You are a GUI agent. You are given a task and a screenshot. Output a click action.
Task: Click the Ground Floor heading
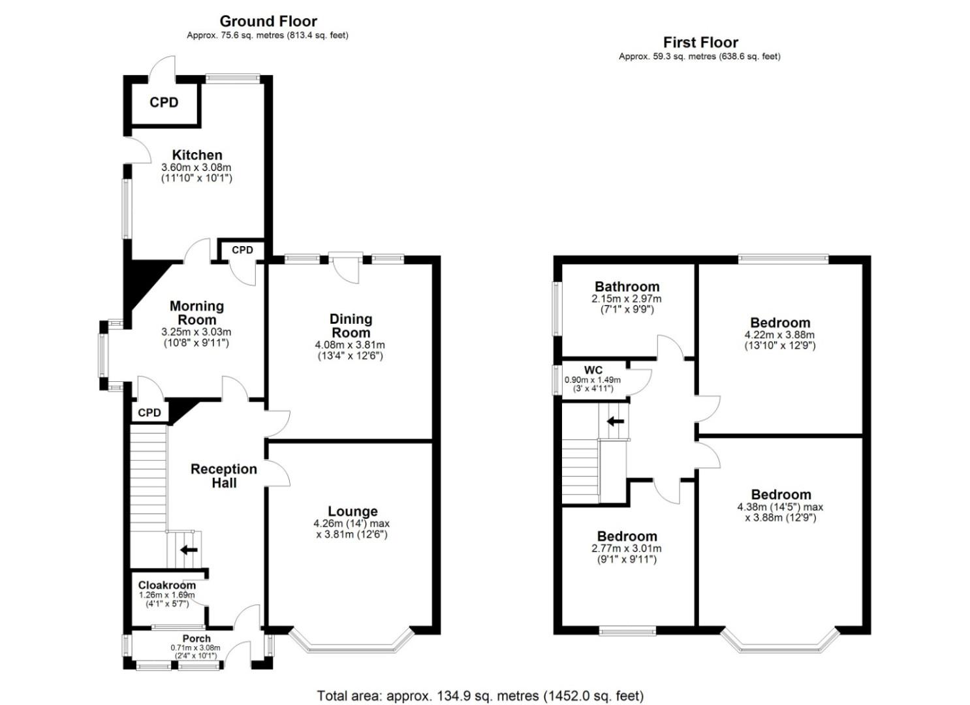pos(268,22)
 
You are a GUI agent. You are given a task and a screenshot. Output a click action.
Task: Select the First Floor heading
pos(700,42)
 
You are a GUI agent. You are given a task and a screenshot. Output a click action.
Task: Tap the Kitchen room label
pos(197,155)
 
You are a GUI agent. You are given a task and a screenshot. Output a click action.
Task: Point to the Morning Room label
pos(196,313)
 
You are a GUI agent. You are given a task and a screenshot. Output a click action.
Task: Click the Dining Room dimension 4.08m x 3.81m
pos(350,345)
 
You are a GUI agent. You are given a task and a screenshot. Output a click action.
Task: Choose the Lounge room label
pos(352,511)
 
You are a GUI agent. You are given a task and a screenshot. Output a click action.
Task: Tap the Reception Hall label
pos(224,475)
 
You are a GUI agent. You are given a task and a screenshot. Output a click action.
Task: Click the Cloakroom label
pos(166,585)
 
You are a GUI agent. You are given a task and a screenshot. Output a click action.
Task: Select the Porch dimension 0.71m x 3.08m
pos(195,648)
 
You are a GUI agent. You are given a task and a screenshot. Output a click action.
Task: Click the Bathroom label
pos(627,287)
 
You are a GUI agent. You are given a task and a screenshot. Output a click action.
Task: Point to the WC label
pos(593,370)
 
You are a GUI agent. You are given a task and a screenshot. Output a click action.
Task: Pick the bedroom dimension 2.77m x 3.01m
pos(627,548)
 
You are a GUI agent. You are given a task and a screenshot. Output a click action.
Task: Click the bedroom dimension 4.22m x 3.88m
pos(779,335)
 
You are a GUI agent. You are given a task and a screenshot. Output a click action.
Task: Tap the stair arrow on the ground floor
pos(189,550)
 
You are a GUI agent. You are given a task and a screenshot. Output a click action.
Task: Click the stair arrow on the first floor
pos(616,421)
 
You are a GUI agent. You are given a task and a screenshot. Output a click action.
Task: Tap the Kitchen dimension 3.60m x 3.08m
pos(196,167)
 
